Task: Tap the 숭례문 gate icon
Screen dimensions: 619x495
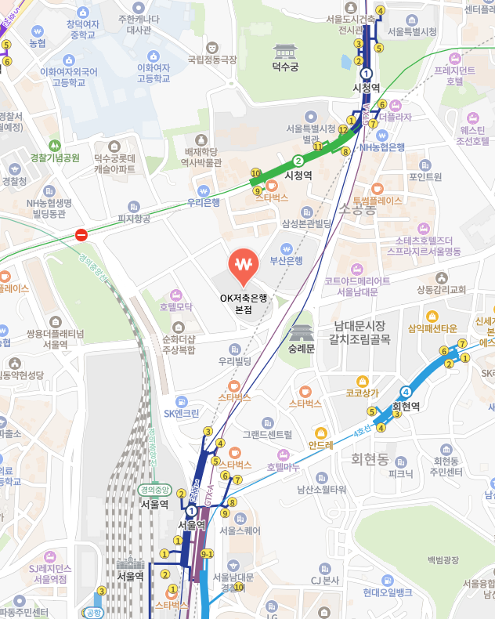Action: pos(300,331)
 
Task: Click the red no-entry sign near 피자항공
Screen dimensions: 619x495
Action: pos(81,233)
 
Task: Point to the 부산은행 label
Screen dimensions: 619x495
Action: pos(286,260)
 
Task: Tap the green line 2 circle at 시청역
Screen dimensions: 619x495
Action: pos(298,161)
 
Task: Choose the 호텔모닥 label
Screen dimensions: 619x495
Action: pos(175,306)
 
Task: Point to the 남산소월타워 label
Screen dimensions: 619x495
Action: pos(321,490)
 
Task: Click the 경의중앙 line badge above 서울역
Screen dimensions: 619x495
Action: pos(154,490)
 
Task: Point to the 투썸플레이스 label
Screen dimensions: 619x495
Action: pos(377,201)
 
